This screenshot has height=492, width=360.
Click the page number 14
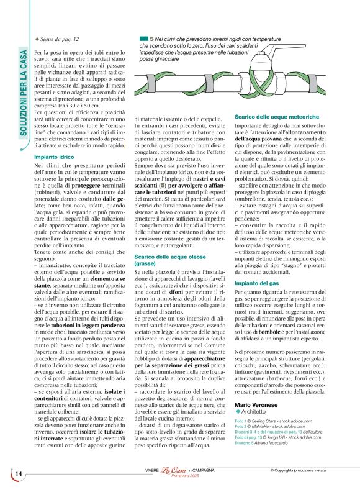coord(18,474)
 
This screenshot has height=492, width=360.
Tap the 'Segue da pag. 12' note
coord(59,39)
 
